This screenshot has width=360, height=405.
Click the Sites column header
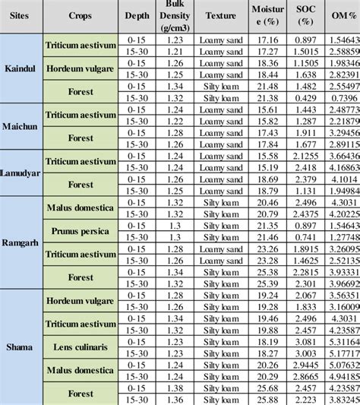coord(21,15)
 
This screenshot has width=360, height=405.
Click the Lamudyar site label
coord(21,171)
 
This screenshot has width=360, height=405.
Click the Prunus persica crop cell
coord(81,231)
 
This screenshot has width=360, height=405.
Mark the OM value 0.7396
coord(346,97)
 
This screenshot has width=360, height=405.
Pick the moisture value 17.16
coord(264,38)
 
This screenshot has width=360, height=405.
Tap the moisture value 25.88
coord(264,399)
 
